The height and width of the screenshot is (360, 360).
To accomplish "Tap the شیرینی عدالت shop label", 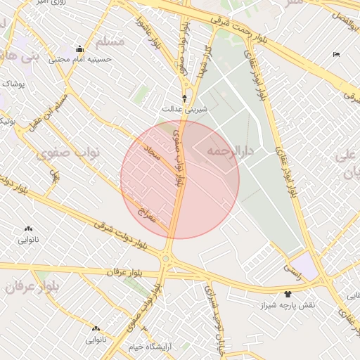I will (x=185, y=109).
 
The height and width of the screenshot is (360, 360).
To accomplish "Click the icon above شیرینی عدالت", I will (x=185, y=98).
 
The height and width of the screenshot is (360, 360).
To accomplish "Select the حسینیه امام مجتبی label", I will (x=79, y=59).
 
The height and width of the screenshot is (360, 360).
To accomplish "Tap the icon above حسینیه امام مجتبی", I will (x=79, y=49).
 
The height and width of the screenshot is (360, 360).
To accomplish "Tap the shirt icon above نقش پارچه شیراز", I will (x=287, y=294).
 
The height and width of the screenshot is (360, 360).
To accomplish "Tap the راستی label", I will (x=291, y=269).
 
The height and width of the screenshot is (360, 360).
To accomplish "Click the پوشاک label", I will (x=13, y=84).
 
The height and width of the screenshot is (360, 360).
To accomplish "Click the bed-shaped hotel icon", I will (x=336, y=55).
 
